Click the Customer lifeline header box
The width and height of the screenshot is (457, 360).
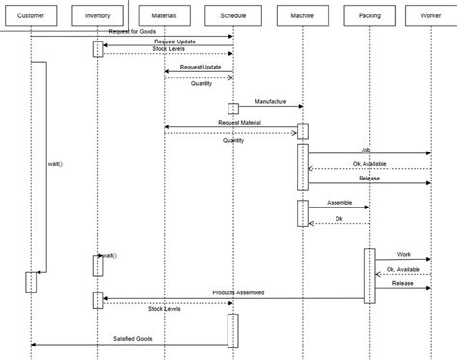pos(31,17)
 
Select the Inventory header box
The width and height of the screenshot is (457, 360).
pos(97,17)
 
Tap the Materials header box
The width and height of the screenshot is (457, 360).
pos(165,17)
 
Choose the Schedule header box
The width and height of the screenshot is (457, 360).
pos(232,17)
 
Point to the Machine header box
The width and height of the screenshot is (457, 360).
pos(302,17)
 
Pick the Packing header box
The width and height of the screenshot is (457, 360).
pos(368,17)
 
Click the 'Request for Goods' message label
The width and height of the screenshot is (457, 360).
pos(132,32)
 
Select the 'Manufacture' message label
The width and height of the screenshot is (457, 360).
pos(273,101)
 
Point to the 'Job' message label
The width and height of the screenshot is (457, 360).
pos(365,149)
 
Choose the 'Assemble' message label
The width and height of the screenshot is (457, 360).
pos(340,203)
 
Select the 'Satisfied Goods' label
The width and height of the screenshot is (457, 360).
pos(134,339)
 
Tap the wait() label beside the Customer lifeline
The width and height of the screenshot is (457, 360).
pos(54,164)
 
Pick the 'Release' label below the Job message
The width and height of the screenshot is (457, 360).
pos(369,178)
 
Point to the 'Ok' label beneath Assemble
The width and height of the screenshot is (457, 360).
pos(338,218)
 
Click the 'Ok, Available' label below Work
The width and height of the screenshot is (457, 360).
pos(403,269)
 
